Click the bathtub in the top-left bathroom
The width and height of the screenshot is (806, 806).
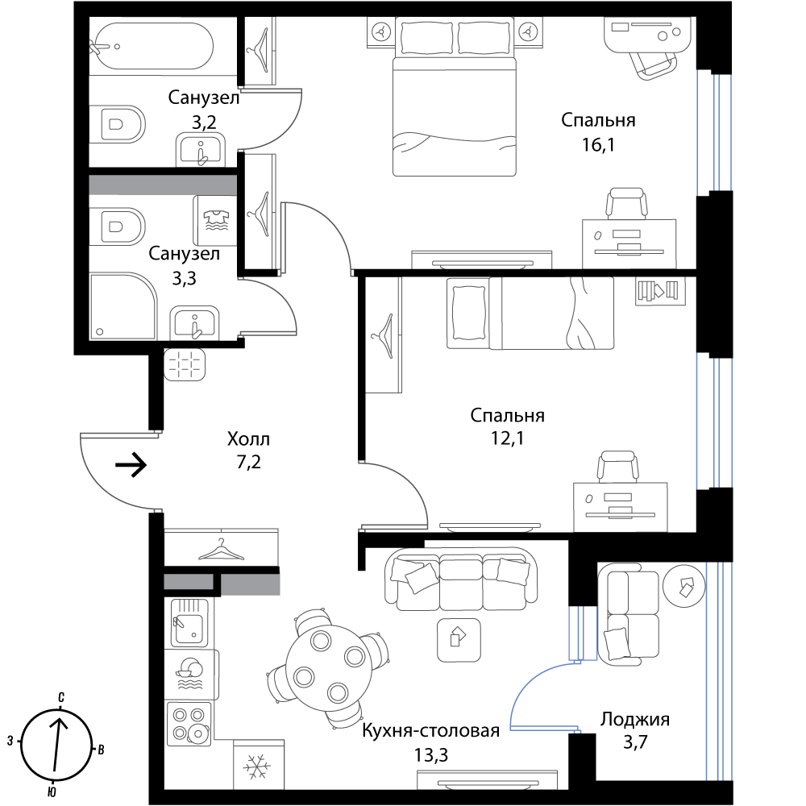click(153, 46)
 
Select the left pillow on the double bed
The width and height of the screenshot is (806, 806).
click(427, 38)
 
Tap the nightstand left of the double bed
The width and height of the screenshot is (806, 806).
click(380, 31)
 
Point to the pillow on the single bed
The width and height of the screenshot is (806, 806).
click(467, 313)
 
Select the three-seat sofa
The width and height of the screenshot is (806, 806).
click(461, 579)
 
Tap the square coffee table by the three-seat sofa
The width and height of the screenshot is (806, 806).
click(459, 639)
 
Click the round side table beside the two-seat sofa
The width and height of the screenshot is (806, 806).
click(683, 586)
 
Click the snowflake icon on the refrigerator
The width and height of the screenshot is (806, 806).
click(258, 766)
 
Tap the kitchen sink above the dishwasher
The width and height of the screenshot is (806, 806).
click(189, 622)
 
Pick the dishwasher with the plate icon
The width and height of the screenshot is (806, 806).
click(191, 674)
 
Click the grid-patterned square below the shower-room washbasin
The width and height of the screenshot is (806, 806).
click(185, 364)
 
